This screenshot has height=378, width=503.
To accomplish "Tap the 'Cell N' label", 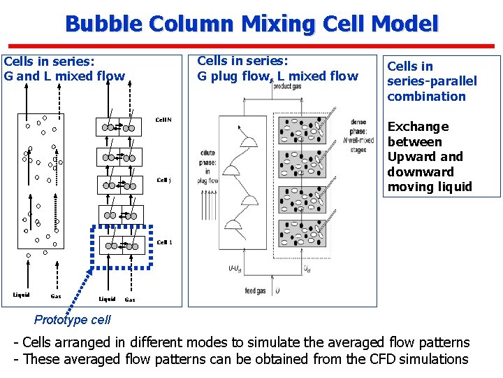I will point(163,120).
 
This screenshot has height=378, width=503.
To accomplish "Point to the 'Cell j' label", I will point(163,180).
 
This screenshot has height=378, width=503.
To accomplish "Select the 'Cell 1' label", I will point(164,242).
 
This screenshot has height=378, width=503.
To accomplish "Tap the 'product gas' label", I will point(287,87).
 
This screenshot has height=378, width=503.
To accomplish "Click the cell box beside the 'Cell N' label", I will point(119,126).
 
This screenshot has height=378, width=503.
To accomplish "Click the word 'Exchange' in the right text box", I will point(418,127).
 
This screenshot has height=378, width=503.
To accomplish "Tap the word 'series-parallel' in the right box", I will point(432,81).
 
